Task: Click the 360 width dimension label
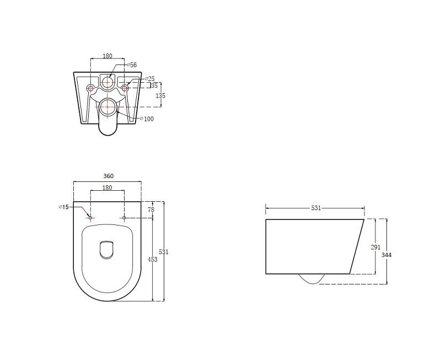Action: point(108,176)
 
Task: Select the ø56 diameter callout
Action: point(132,65)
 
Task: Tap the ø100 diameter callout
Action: point(147,119)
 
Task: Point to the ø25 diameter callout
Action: point(149,78)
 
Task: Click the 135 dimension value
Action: point(160,95)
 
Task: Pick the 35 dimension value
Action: point(154,86)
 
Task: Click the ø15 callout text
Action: point(63,207)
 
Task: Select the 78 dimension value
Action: point(151,209)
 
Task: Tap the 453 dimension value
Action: point(153,260)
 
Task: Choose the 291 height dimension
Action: point(375,247)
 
